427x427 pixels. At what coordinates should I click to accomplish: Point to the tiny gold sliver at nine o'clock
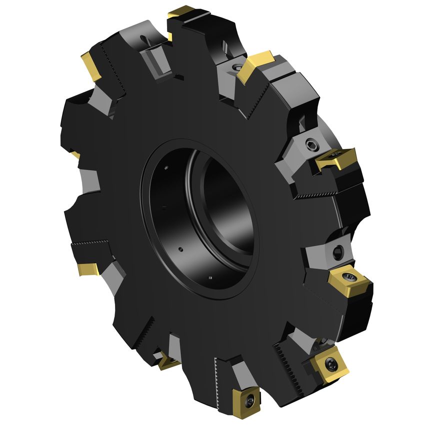75,155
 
